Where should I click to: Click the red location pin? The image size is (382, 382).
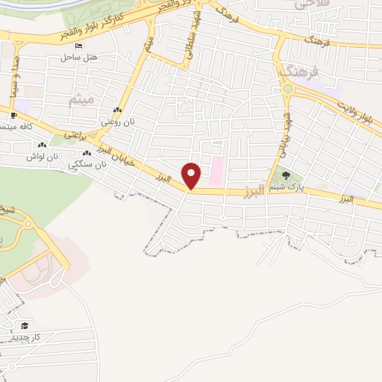(x=192, y=175)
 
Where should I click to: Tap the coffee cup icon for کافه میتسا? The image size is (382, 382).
(x=14, y=116)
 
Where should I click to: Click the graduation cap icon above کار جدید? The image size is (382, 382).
(x=25, y=325)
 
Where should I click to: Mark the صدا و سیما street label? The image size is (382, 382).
(x=14, y=75)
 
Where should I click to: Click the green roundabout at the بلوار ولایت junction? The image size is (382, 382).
(x=287, y=89)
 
